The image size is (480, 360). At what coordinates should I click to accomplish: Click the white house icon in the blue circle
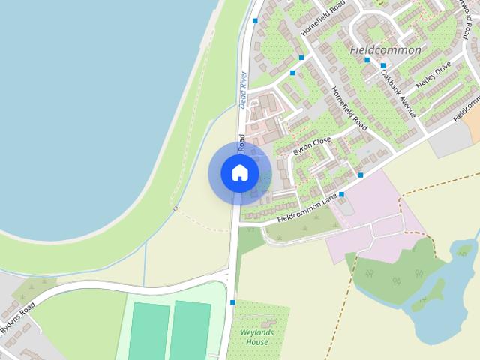click(x=239, y=172)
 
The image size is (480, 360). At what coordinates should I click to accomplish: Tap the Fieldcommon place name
click(x=385, y=50)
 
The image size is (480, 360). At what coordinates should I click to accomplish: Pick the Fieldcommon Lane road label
click(x=307, y=209)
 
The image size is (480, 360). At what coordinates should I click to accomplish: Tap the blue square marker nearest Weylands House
click(x=233, y=302)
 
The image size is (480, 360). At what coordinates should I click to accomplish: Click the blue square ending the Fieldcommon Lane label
click(x=341, y=195)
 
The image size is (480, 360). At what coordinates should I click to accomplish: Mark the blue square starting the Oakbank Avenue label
click(x=382, y=66)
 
